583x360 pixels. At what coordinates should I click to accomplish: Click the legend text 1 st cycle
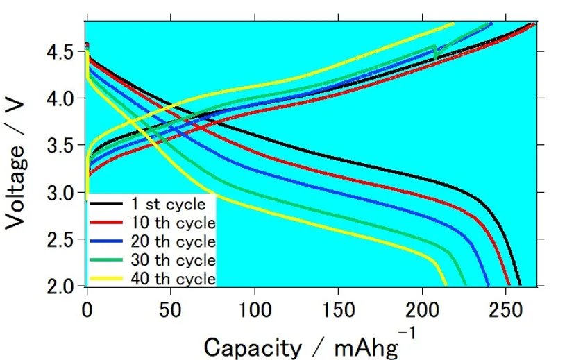click(x=169, y=204)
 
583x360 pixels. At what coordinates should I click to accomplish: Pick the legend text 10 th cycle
click(x=173, y=223)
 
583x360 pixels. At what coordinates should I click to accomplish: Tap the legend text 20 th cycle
click(x=173, y=241)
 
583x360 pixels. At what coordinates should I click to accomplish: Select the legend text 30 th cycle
click(x=173, y=260)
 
